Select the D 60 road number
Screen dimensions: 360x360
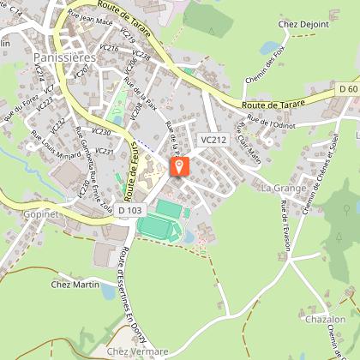(x=347, y=88)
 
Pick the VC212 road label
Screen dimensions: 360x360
(x=213, y=139)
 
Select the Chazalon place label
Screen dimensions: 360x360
(x=325, y=320)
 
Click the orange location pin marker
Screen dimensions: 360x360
(x=180, y=166)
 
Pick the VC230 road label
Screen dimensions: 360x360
(x=100, y=132)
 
